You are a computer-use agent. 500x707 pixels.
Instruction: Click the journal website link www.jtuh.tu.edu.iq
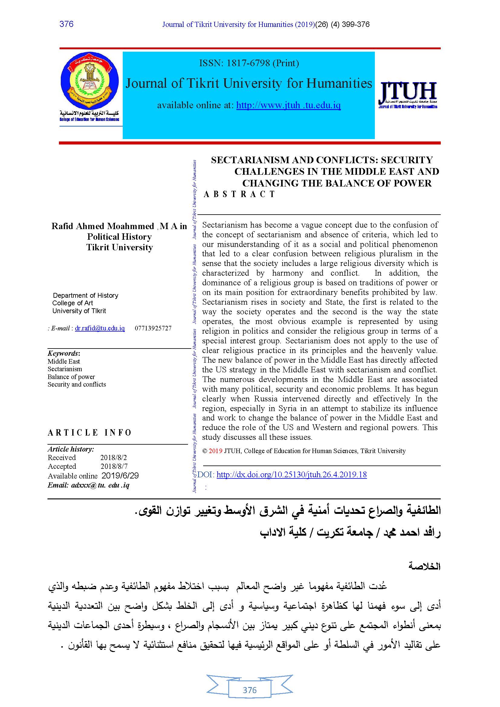[x=288, y=105]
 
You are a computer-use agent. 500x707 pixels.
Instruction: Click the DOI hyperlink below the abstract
[x=291, y=475]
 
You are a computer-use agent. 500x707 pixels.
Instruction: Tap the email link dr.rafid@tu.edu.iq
[x=100, y=328]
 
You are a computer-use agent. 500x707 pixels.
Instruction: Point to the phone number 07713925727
[x=153, y=328]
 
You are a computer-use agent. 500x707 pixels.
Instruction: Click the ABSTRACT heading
[x=239, y=194]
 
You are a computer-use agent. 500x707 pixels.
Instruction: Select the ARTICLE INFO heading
[x=89, y=433]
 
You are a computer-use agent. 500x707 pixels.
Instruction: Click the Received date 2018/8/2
[x=113, y=458]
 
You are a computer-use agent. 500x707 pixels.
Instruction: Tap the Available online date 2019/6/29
[x=120, y=476]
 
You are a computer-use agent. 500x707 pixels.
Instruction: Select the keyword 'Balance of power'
[x=71, y=377]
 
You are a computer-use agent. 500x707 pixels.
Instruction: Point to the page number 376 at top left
[x=67, y=24]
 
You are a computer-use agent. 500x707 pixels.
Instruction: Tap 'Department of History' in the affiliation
[x=86, y=296]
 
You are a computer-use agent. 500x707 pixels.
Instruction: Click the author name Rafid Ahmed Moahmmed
[x=102, y=226]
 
